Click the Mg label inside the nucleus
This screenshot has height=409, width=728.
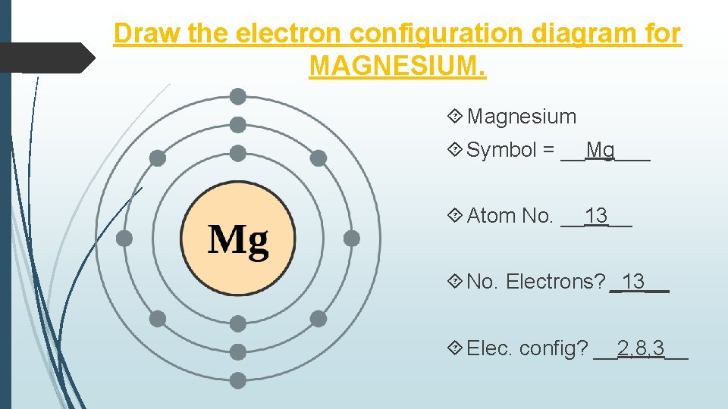[x=238, y=240]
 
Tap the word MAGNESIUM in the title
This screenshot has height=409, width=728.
[x=397, y=66]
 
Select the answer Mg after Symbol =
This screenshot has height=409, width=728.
[x=601, y=150]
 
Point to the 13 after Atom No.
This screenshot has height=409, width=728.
[x=597, y=216]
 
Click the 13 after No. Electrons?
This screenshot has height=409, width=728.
[x=633, y=282]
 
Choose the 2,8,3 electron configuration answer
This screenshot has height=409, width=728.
[x=641, y=348]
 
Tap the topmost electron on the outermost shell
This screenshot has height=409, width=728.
[x=238, y=96]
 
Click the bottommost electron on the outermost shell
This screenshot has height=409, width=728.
[x=238, y=380]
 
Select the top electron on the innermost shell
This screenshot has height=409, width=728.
[x=238, y=153]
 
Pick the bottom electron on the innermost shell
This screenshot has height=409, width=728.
[x=238, y=324]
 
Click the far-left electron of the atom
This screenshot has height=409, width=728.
[x=124, y=239]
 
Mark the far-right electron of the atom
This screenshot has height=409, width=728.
[x=351, y=239]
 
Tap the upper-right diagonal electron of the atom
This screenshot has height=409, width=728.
[x=318, y=158]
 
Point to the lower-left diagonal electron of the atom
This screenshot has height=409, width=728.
[x=158, y=319]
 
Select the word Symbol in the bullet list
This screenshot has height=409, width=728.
[x=501, y=150]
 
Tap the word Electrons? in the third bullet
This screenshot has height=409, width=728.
[x=556, y=282]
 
